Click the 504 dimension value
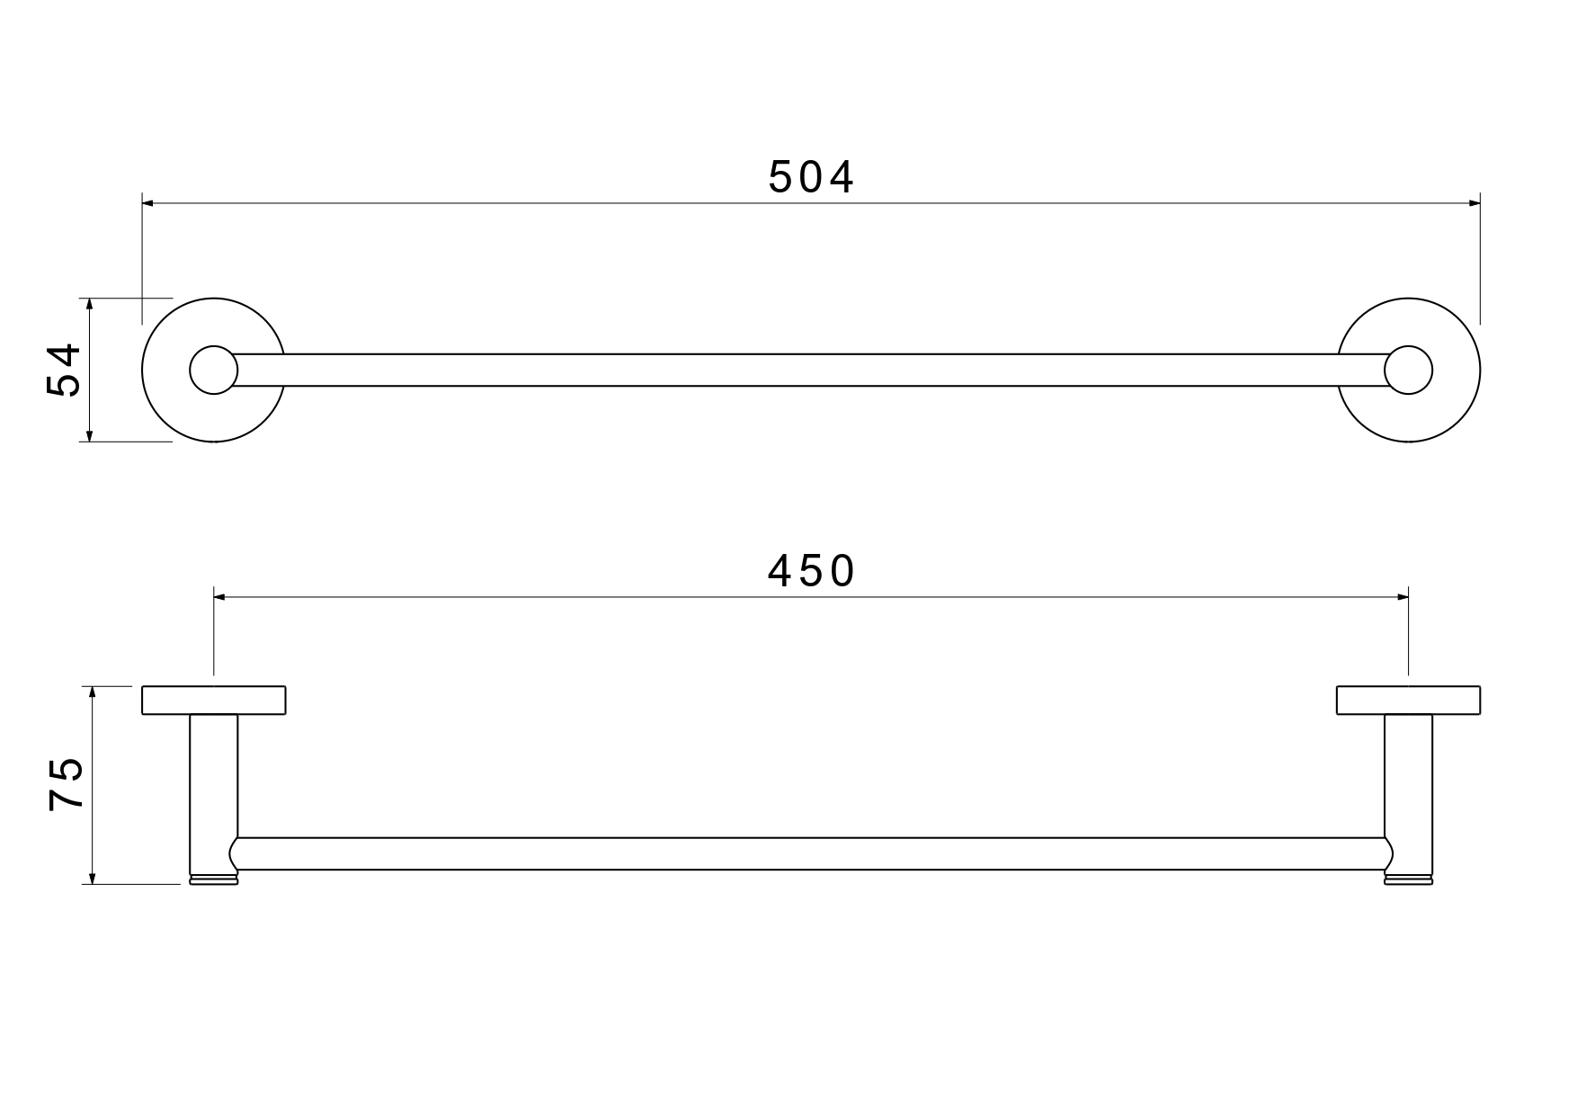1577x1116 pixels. pos(811,178)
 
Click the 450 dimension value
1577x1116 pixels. pos(811,571)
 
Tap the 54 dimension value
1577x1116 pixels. pos(65,370)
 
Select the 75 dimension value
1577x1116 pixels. pos(67,785)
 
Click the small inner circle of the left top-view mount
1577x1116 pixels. pos(213,370)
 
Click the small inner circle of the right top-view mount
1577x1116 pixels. pos(1408,370)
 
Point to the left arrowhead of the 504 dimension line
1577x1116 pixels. pos(148,203)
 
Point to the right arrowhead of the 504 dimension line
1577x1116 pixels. pos(1475,203)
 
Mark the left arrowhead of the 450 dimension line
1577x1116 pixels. pos(219,596)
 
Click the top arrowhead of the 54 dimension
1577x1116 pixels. pos(89,304)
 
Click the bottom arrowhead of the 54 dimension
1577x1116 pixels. pos(89,435)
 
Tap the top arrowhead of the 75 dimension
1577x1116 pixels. pos(93,692)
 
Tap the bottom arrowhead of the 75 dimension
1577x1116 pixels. pos(93,878)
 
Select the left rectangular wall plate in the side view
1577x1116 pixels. pos(213,701)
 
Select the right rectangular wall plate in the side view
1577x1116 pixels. pos(1408,701)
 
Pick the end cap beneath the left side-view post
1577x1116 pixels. pos(213,879)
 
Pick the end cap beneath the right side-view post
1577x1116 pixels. pos(1408,879)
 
